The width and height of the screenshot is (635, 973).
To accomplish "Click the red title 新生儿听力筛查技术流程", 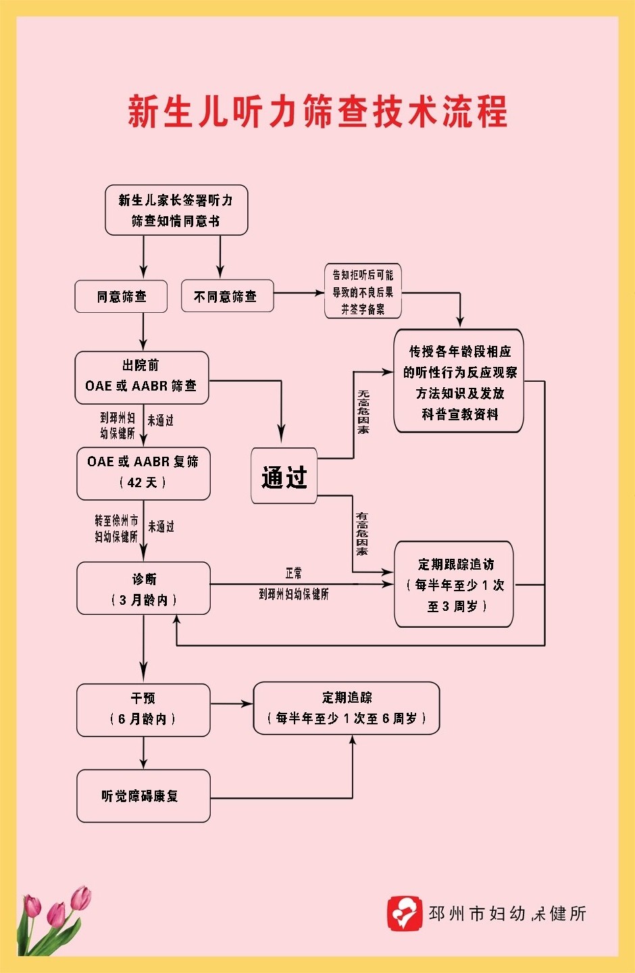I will [317, 111].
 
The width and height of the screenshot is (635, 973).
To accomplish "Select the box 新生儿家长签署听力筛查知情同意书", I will [176, 210].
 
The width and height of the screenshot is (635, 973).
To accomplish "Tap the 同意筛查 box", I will [121, 297].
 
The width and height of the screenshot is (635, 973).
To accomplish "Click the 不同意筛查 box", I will [227, 297].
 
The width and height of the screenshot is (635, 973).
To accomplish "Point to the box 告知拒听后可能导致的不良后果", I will [363, 291].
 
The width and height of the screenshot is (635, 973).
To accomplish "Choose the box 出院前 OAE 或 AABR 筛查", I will [141, 377].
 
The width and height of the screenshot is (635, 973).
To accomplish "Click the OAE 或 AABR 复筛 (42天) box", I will [143, 473].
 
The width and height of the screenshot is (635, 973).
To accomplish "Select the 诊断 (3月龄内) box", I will [143, 589].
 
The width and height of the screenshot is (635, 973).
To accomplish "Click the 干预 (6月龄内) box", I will [143, 709].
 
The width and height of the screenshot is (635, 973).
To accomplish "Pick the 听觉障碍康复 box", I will [143, 796].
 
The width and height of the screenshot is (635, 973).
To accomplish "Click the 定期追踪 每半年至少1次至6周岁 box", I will [347, 708].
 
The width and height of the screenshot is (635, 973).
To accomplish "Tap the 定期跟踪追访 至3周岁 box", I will [454, 584].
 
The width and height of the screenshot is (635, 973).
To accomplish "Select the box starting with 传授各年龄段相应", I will [459, 382].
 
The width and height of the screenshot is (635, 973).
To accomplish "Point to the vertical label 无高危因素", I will [363, 411].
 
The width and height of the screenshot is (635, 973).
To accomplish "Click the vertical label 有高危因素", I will [363, 534].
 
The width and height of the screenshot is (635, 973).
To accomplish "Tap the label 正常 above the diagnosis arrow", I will [294, 573].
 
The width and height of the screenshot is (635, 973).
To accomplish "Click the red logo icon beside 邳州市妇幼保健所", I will [404, 913].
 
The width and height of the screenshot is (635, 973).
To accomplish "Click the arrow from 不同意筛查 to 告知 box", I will [299, 293].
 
